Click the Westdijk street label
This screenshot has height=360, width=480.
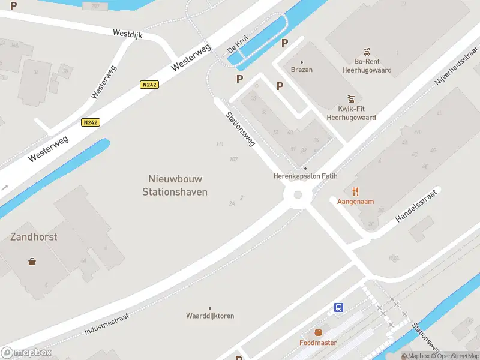[127, 35]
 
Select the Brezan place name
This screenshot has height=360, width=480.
[301, 70]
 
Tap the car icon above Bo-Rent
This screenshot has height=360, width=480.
[366, 51]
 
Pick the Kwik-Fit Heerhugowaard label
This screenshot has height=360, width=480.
[351, 113]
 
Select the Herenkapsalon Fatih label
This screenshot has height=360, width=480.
[305, 176]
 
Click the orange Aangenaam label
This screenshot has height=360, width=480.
[355, 202]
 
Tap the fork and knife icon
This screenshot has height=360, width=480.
[355, 191]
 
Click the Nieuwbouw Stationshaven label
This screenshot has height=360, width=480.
[175, 185]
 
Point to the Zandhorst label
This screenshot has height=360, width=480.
[34, 237]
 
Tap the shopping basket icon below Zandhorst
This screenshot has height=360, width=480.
[32, 262]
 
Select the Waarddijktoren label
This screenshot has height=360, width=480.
[210, 316]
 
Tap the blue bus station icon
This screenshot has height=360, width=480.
[339, 308]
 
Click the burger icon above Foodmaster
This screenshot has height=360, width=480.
[318, 332]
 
